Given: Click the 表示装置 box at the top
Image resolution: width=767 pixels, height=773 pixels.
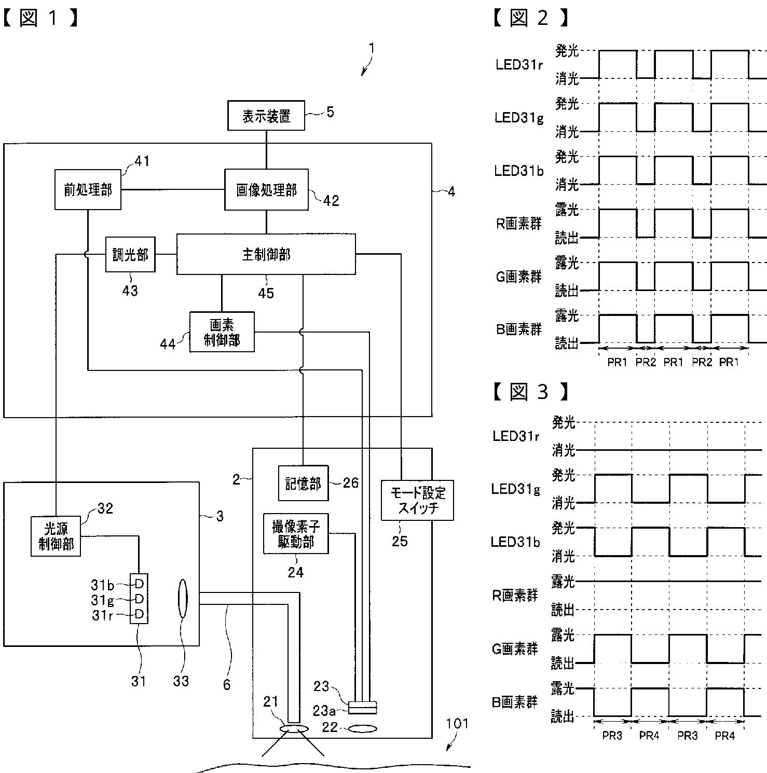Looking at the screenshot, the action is tap(266, 115).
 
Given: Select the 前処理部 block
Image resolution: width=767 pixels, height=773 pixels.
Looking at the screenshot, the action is tap(88, 189).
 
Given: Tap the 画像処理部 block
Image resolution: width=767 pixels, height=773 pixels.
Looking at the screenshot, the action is tap(266, 190).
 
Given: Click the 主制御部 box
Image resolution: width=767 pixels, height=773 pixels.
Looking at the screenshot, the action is tap(266, 254).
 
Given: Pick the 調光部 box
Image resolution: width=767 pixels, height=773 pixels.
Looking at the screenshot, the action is tap(130, 254).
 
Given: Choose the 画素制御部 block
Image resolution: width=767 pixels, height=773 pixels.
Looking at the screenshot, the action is tap(222, 332).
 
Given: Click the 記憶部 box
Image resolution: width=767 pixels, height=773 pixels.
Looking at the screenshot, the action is tap(304, 483).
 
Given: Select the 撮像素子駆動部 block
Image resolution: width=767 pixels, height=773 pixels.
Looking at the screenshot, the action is tap(296, 534).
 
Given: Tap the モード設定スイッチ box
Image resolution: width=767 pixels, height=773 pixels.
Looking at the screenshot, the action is tap(417, 500).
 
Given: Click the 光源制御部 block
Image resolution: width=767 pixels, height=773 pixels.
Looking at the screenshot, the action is tap(56, 536).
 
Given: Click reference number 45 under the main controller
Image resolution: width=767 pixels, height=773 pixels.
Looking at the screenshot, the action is tap(266, 293).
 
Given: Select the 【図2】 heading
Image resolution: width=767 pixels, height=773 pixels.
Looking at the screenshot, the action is tap(529, 18).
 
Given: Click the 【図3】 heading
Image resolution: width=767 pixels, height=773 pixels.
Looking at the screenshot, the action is tap(529, 392).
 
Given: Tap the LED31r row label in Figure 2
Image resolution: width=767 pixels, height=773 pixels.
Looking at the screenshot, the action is tap(519, 65).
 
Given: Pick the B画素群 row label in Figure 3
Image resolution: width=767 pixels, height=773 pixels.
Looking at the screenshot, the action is tap(515, 702).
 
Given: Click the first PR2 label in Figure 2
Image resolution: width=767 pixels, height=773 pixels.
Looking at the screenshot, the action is tap(646, 362).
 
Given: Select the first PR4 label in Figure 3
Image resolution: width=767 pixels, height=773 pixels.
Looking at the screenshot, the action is tap(649, 736).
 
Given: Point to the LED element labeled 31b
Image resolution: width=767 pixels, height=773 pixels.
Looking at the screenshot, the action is tap(139, 584).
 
